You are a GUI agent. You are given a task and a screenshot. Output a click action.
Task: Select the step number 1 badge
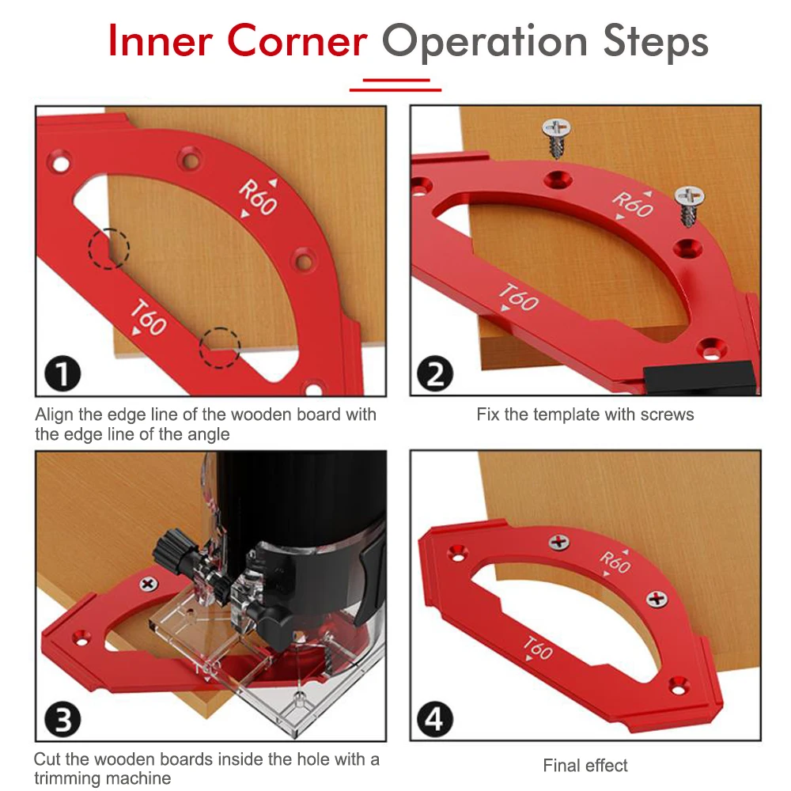click(62, 373)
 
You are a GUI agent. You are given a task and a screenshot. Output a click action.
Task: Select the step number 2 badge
click(435, 373)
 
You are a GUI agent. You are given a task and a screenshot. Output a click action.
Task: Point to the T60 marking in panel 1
click(147, 318)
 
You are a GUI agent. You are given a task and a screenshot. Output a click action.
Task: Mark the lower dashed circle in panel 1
click(219, 347)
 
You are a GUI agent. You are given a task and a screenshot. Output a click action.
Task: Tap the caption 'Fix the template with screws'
click(585, 414)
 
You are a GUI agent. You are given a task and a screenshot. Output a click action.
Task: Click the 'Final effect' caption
click(585, 765)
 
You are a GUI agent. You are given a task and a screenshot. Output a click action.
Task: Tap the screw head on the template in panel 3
click(148, 585)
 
